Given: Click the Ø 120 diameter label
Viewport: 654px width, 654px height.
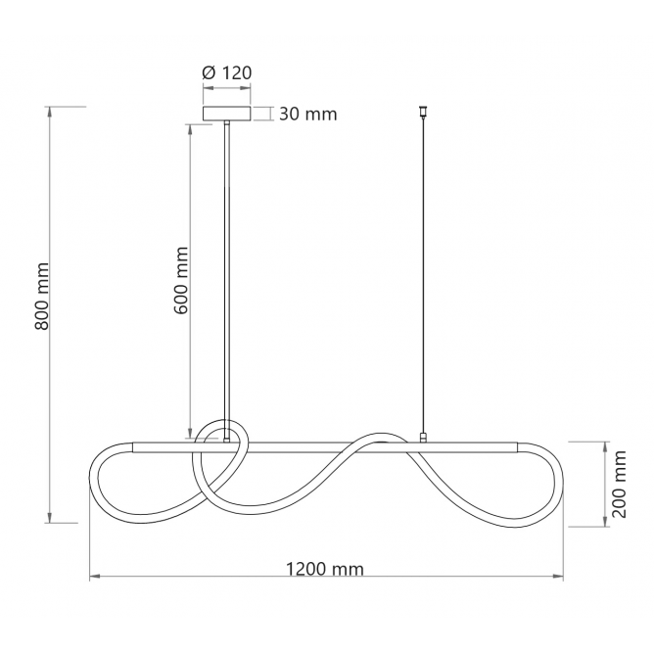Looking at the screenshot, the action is [x=227, y=72].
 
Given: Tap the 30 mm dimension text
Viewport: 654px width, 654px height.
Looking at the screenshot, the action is [x=307, y=114].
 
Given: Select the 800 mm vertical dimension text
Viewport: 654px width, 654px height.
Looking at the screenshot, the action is [x=42, y=296].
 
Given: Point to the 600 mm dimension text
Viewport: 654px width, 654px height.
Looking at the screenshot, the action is [x=181, y=280].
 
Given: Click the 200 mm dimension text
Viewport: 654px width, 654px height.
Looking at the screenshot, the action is [x=619, y=484].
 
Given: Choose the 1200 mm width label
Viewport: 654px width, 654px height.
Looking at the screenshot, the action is [x=324, y=569].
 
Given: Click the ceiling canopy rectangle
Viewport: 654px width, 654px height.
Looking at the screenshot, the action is [x=227, y=114].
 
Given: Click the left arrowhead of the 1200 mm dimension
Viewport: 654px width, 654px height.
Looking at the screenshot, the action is [x=95, y=577].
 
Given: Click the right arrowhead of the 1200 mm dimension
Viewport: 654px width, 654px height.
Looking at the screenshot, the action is [x=558, y=577].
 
